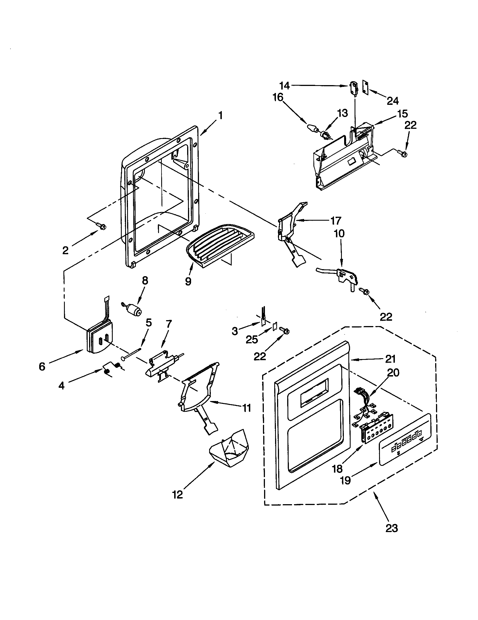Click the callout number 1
[x=220, y=116]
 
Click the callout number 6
[x=42, y=366]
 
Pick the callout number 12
[x=177, y=495]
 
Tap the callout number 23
[x=391, y=528]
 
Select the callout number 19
[x=346, y=480]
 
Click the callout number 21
[x=390, y=359]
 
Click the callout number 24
[x=393, y=101]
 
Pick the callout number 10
[x=339, y=233]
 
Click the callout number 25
[x=251, y=339]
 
